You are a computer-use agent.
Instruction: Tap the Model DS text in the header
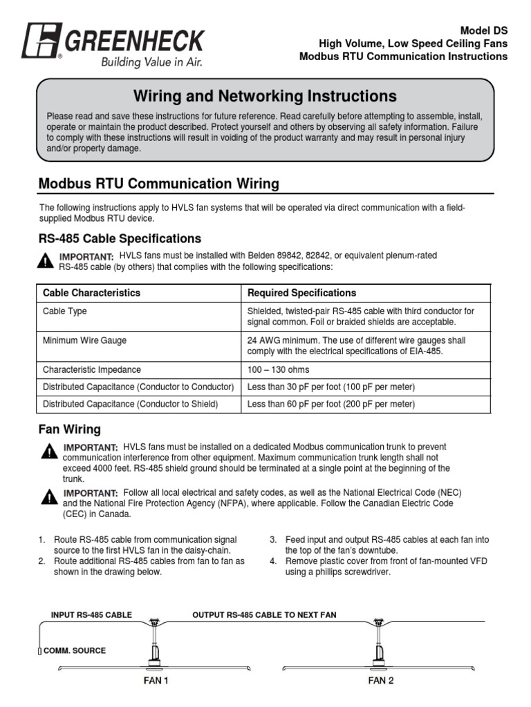483,30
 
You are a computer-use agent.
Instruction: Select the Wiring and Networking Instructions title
265,95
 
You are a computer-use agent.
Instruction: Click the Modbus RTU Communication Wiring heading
159,184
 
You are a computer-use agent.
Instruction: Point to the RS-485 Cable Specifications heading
120,238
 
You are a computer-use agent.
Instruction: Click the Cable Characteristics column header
91,293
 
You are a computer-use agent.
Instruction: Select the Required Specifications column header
301,293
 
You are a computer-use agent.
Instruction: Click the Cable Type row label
65,311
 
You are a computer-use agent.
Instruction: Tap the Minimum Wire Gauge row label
84,340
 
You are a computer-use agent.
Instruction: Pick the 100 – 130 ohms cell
278,369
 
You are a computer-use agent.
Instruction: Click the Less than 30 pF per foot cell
330,387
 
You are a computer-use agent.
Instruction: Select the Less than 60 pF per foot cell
330,404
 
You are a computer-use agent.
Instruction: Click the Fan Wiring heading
68,429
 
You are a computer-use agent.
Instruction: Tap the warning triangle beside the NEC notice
49,497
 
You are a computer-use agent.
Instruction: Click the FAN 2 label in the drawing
381,680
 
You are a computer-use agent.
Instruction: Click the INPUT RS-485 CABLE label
91,614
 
